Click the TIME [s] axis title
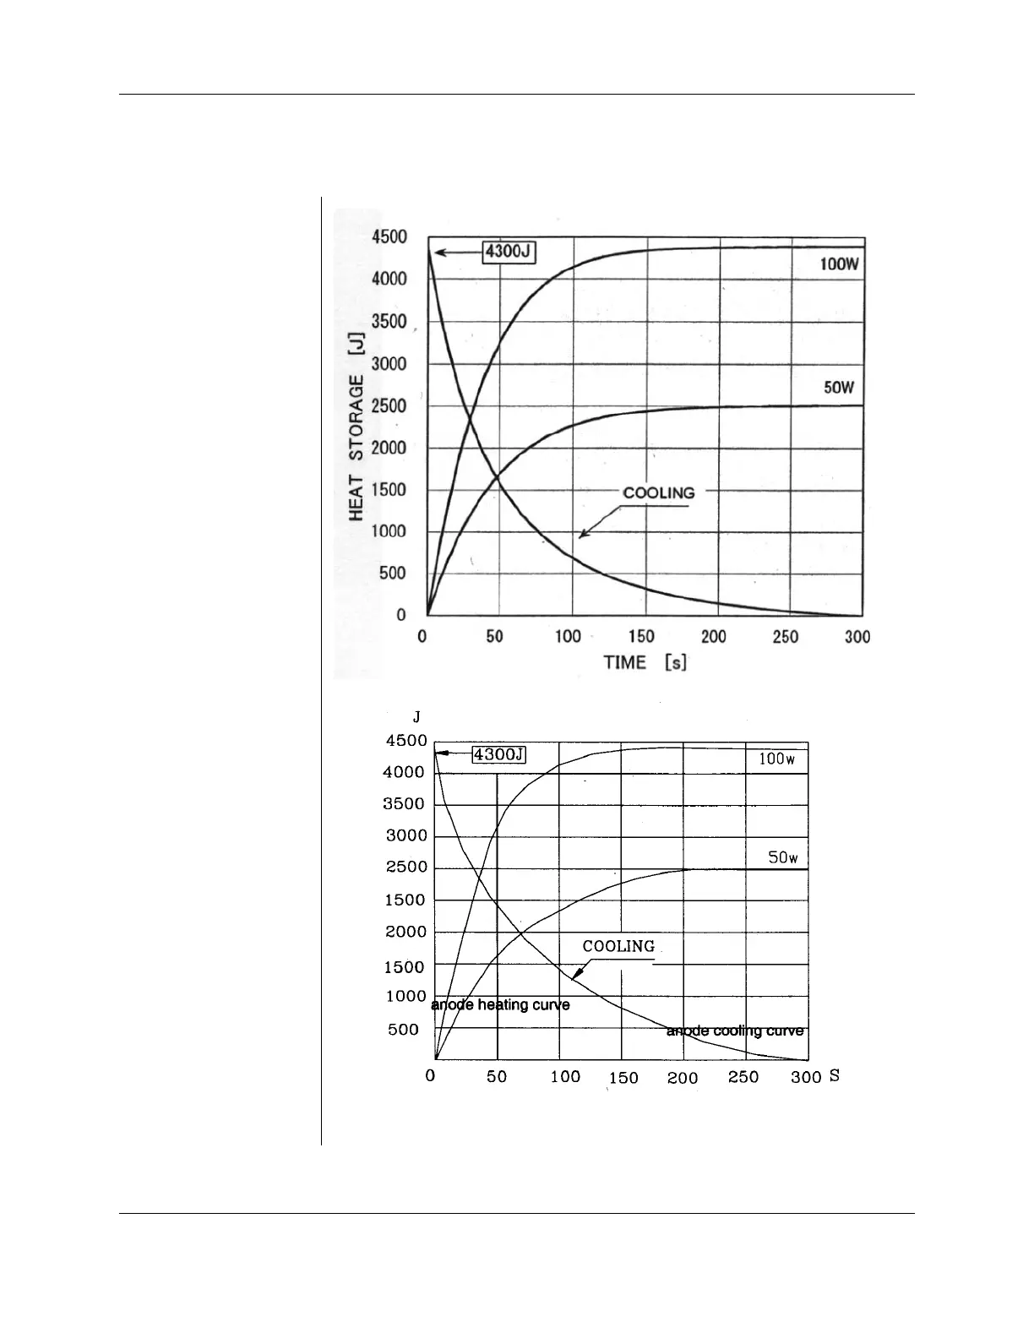coord(645,662)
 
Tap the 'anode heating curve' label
coord(500,1005)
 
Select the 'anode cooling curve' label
coord(735,1031)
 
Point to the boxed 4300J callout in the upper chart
coord(509,252)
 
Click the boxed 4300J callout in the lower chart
coord(498,754)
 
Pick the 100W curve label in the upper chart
coord(839,264)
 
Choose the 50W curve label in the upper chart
coord(839,389)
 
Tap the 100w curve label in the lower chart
coord(776,759)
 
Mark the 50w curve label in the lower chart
coord(782,857)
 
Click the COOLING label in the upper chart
coord(658,492)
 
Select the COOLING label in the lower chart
coord(618,947)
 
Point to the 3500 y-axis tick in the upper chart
coord(389,322)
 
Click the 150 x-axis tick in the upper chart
coord(641,636)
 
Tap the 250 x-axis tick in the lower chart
coord(743,1077)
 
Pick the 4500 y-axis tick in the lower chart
coord(406,741)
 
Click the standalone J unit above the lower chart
coord(416,717)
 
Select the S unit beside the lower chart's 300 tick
coord(834,1076)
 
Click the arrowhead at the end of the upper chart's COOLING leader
coord(581,536)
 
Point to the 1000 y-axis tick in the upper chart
coord(389,531)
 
